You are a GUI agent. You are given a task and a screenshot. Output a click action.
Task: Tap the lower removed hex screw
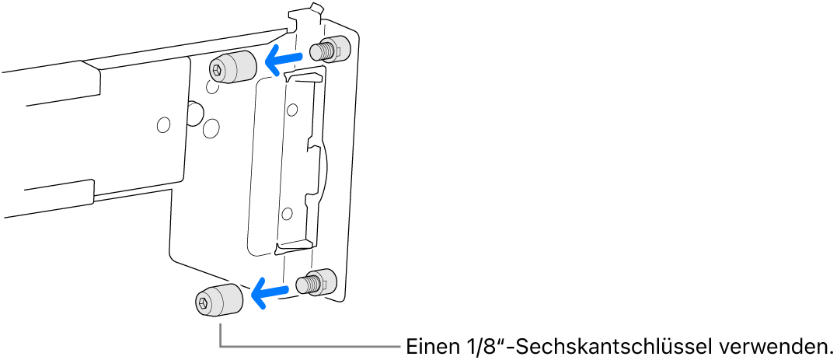tap(220, 300)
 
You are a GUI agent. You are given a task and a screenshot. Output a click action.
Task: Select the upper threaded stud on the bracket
tap(329, 51)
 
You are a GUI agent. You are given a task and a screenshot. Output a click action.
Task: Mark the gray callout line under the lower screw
tap(311, 346)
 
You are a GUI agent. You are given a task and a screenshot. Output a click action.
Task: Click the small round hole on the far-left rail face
tap(162, 124)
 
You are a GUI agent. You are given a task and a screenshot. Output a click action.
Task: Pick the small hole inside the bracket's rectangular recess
tap(288, 212)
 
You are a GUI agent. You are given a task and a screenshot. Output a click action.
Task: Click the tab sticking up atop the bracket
tap(313, 9)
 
